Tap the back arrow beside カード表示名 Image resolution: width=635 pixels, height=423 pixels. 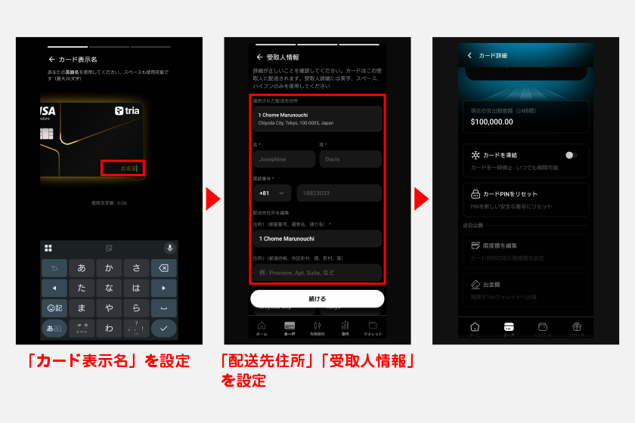(51, 59)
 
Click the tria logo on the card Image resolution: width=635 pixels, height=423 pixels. (129, 110)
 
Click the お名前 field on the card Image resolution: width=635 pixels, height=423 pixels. (122, 168)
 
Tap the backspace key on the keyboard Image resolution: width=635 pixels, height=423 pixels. (163, 267)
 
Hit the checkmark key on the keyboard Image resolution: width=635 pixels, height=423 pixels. (163, 328)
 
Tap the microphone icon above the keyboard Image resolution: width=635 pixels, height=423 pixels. (169, 248)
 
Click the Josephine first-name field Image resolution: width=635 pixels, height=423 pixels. (283, 159)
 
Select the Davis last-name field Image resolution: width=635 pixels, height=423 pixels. (350, 159)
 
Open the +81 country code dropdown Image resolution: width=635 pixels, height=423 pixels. (272, 193)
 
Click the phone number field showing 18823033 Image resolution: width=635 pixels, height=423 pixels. (339, 193)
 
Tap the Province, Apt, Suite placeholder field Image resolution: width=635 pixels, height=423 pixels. (317, 273)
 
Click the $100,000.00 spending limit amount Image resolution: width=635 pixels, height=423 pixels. (491, 121)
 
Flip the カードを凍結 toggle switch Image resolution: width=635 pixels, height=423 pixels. (570, 155)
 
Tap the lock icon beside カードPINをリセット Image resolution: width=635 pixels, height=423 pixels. (475, 194)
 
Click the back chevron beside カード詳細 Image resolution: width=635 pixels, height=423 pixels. (469, 55)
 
